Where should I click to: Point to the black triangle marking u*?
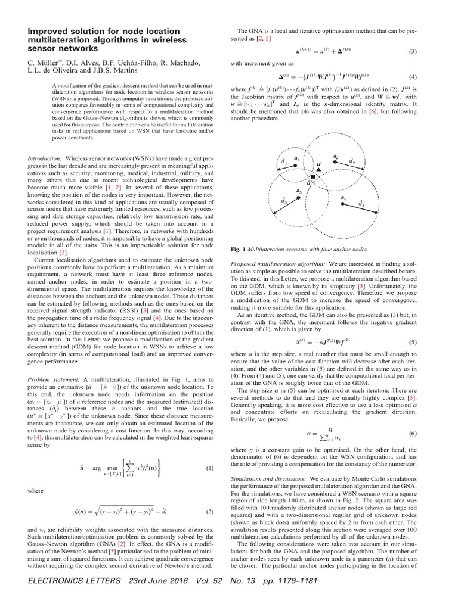(x=319, y=170)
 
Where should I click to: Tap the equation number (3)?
(x=412, y=52)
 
